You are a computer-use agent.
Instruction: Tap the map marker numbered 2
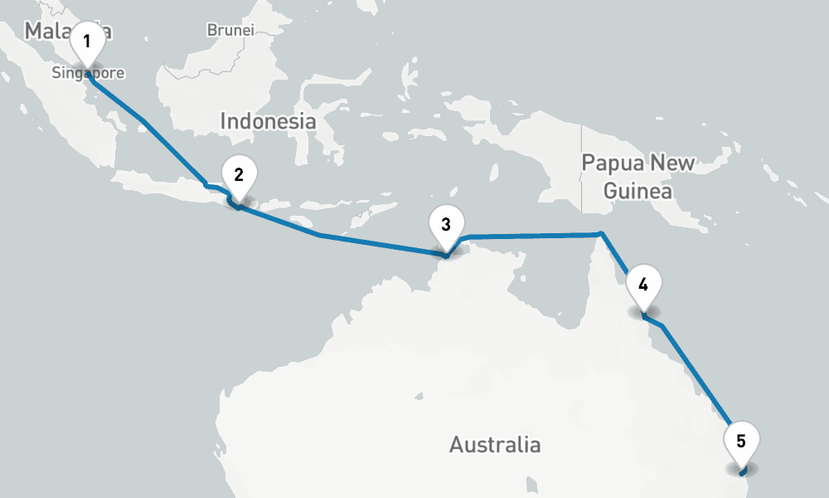tap(239, 176)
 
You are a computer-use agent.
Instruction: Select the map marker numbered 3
tap(446, 225)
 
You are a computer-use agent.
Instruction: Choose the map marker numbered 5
tap(741, 442)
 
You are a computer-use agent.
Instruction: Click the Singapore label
tap(88, 73)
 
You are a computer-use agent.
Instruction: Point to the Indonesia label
tap(268, 121)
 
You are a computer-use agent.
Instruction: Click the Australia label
tap(495, 445)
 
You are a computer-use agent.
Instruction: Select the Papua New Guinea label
tap(638, 176)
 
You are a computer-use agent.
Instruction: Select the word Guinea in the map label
tap(638, 192)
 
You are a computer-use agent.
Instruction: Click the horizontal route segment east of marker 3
tap(531, 236)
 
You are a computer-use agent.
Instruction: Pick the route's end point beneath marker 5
tap(744, 474)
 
